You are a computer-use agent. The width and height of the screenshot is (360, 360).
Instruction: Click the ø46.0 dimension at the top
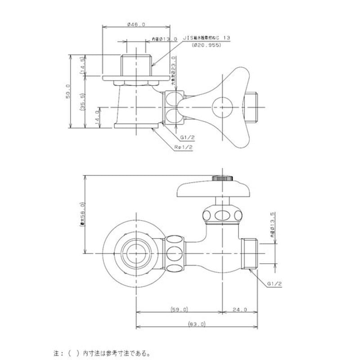(136, 25)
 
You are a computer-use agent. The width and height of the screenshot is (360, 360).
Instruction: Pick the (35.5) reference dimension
(82, 100)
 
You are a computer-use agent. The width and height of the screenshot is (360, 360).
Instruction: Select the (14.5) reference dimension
(82, 65)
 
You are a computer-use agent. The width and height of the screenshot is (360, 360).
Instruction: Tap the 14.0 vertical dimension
(96, 117)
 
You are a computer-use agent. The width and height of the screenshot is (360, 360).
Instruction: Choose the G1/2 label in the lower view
(274, 283)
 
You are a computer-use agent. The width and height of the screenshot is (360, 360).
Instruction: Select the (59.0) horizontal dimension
(179, 310)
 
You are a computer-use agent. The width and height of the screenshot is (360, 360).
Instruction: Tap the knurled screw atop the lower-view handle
(222, 179)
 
